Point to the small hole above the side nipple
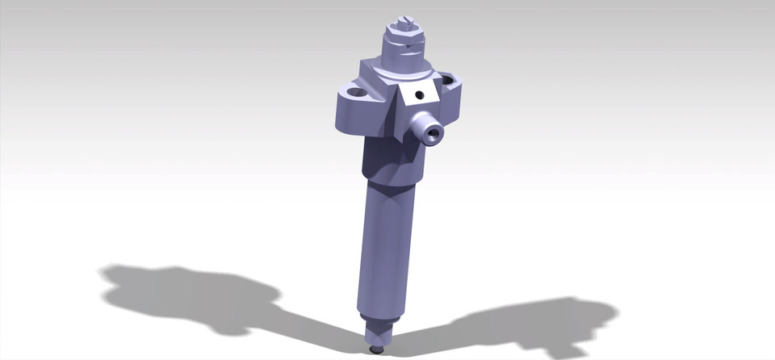tap(417, 95)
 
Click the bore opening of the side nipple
tap(435, 134)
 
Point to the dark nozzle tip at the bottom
tap(377, 350)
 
